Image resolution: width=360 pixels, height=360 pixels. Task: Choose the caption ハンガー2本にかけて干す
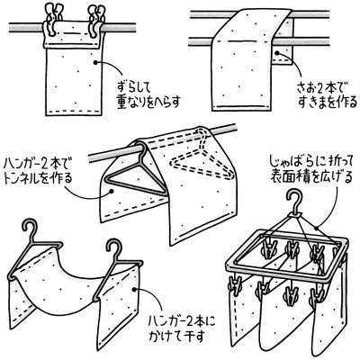[183, 329]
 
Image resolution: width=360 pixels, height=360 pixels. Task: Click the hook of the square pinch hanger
[294, 202]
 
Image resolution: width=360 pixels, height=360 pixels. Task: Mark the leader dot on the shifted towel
[95, 62]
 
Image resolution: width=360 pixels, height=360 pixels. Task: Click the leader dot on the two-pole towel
[277, 53]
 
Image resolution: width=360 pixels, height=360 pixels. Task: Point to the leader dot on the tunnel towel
[112, 191]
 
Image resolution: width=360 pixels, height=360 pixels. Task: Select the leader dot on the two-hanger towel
[134, 289]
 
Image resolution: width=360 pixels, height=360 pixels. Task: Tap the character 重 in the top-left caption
[122, 103]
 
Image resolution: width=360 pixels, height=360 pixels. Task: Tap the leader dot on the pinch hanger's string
[316, 228]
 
